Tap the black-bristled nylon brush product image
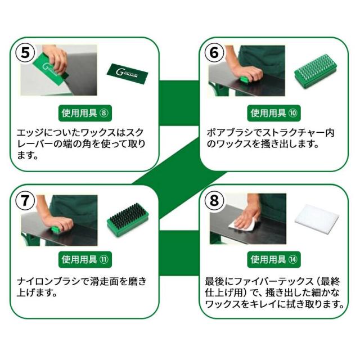127,220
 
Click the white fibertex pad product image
316,224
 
